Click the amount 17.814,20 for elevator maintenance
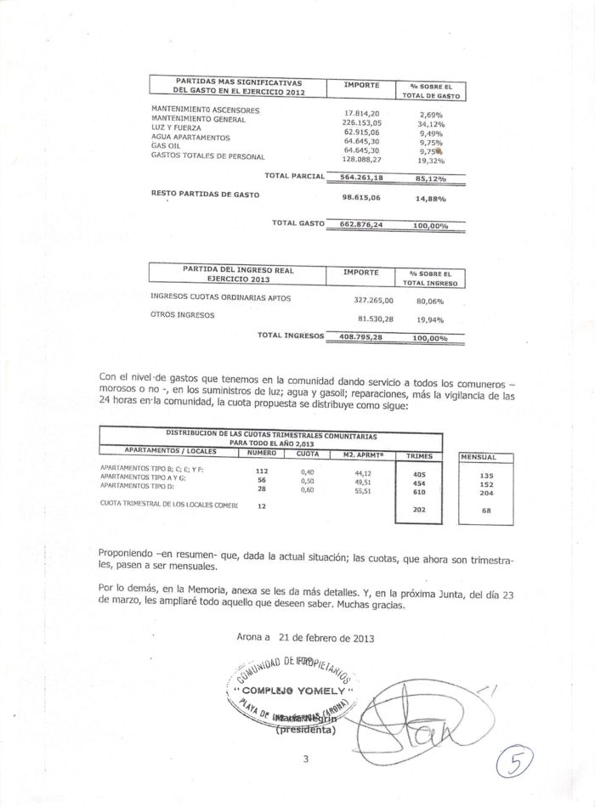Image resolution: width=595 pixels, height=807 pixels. pyautogui.click(x=361, y=113)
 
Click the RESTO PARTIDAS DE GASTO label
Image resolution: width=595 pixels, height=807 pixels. pyautogui.click(x=205, y=195)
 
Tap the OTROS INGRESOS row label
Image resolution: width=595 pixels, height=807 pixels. pyautogui.click(x=182, y=315)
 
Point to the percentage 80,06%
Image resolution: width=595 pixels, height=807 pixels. pyautogui.click(x=430, y=301)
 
